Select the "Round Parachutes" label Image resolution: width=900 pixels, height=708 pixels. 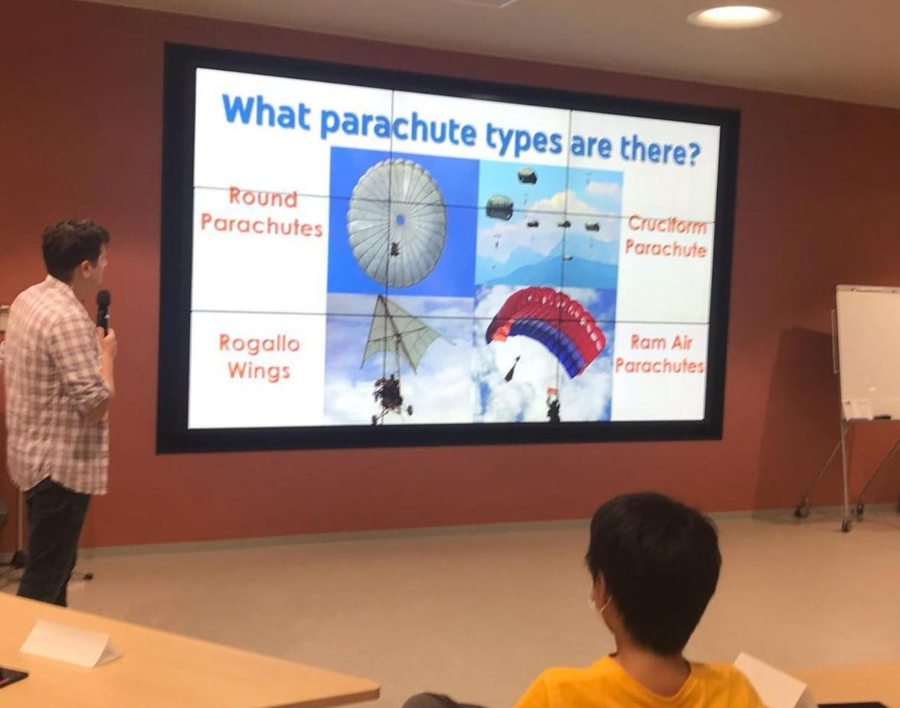[262, 212]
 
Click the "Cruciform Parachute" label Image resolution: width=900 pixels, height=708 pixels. [666, 236]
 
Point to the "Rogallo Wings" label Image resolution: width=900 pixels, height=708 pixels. [260, 356]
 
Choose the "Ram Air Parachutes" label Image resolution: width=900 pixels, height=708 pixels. [660, 354]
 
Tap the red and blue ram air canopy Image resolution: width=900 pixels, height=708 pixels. [545, 330]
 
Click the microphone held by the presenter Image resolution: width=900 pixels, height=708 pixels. [103, 311]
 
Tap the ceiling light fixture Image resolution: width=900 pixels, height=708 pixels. [734, 17]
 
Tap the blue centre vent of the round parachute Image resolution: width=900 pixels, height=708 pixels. [400, 219]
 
